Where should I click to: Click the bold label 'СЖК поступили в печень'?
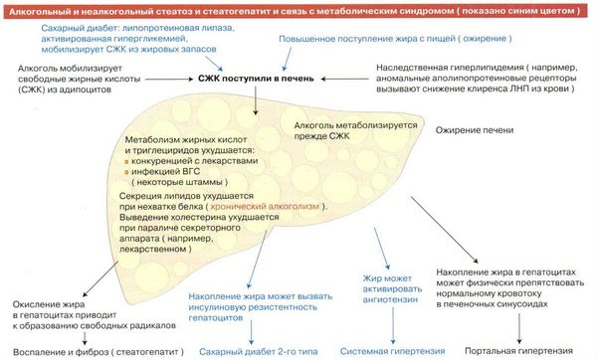point(256,79)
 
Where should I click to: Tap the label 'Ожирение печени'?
point(475,130)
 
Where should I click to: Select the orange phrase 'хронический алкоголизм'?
point(265,206)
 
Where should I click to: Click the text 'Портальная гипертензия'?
point(519,351)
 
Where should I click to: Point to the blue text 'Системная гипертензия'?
point(392,351)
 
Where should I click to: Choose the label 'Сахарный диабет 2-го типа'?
point(258,352)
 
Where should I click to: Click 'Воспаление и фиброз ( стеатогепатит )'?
point(99,352)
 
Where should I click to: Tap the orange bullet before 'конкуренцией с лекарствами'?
point(126,162)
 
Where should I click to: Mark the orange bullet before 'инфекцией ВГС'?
point(126,172)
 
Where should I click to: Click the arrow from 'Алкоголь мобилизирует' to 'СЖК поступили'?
point(169,80)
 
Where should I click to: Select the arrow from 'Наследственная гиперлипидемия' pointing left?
point(345,80)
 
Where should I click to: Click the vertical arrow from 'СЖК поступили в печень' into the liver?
point(256,100)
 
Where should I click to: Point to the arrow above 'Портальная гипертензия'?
point(519,328)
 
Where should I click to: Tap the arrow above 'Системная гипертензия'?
point(393,325)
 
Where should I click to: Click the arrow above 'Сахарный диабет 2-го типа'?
point(251,332)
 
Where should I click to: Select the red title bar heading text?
point(295,11)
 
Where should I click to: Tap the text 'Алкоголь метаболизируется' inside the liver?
point(355,125)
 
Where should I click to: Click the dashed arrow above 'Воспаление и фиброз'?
point(85,338)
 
